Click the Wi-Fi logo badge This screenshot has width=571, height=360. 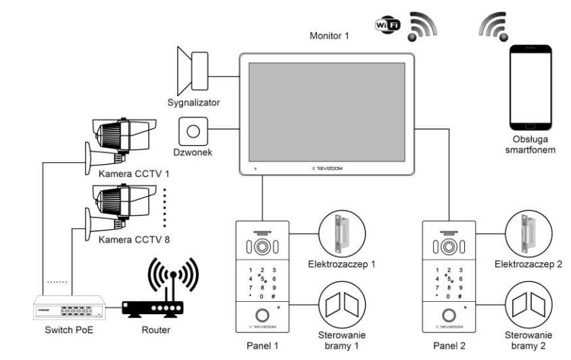click(x=388, y=25)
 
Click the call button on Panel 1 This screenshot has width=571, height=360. click(x=261, y=314)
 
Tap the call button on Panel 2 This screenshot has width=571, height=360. click(x=447, y=314)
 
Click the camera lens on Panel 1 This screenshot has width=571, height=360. click(x=262, y=247)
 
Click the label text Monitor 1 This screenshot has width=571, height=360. click(x=329, y=36)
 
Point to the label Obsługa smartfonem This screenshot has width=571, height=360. click(x=530, y=145)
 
